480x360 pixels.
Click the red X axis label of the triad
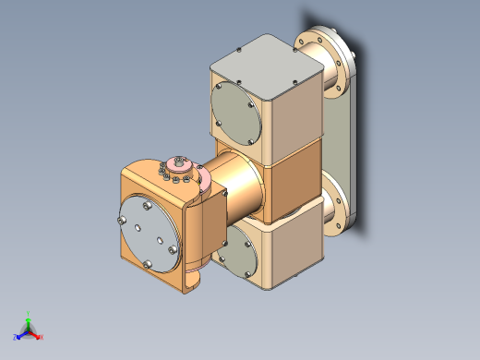coord(42,337)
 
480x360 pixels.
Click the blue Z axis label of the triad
coord(17,336)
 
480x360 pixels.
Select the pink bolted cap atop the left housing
coord(178,171)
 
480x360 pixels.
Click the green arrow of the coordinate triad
coord(29,321)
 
